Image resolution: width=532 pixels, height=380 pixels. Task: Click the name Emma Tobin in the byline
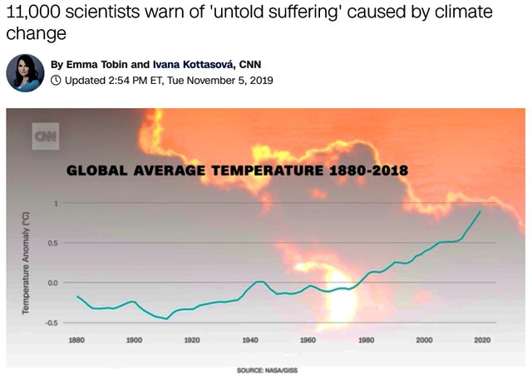[99, 64]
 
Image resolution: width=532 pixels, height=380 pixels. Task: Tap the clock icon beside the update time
[56, 81]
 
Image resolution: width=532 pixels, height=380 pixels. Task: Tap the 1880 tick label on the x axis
[76, 340]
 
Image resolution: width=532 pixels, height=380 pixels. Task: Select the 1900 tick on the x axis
[134, 340]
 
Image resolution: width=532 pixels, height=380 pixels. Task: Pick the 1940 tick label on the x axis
[249, 340]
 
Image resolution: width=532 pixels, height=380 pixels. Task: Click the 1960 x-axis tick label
[307, 340]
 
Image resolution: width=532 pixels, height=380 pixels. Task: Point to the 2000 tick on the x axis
[423, 340]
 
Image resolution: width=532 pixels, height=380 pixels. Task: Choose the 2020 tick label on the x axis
[480, 340]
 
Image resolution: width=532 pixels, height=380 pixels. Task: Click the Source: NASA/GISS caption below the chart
[267, 369]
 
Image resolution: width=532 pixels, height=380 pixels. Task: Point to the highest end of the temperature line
[480, 210]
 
